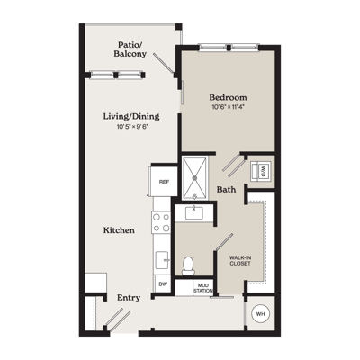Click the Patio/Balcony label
point(130,49)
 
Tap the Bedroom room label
point(229,97)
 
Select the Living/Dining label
point(131,116)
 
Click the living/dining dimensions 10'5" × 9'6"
point(133,127)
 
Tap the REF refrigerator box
point(164,182)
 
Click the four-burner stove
point(161,222)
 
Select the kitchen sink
point(163,260)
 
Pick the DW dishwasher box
point(163,283)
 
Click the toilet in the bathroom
point(188,265)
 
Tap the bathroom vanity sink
point(194,212)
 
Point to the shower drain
point(194,178)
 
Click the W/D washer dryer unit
point(261,171)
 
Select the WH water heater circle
point(260,314)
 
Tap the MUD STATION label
point(203,288)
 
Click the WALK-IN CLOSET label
point(240,260)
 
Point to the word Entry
point(129,298)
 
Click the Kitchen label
point(119,230)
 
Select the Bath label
point(226,190)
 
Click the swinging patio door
point(164,63)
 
